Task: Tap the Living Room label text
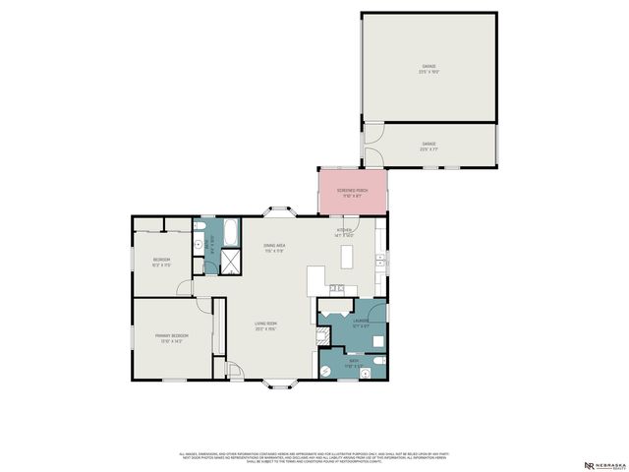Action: (x=265, y=325)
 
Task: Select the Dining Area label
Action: (x=274, y=248)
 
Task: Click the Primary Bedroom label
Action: (x=171, y=337)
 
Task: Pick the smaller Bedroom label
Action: (x=162, y=262)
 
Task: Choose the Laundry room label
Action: (x=361, y=322)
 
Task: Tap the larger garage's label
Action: (x=429, y=68)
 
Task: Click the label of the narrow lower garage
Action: (x=429, y=147)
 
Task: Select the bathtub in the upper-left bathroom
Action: (x=229, y=233)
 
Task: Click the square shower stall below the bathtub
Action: (x=232, y=260)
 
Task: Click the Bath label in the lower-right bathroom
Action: (x=354, y=363)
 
